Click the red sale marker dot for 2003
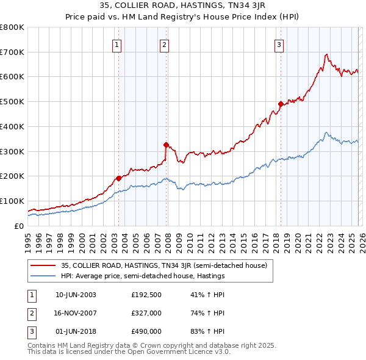tap(118, 178)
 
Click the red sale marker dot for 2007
tap(166, 145)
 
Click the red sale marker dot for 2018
tap(280, 104)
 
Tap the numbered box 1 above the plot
tap(116, 44)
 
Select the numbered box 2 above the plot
tap(164, 44)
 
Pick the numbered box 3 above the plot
tap(278, 44)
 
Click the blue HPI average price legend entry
tap(143, 276)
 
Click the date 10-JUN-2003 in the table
tap(76, 295)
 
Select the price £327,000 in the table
tap(146, 313)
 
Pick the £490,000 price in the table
tap(146, 331)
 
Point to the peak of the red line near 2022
tap(326, 54)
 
